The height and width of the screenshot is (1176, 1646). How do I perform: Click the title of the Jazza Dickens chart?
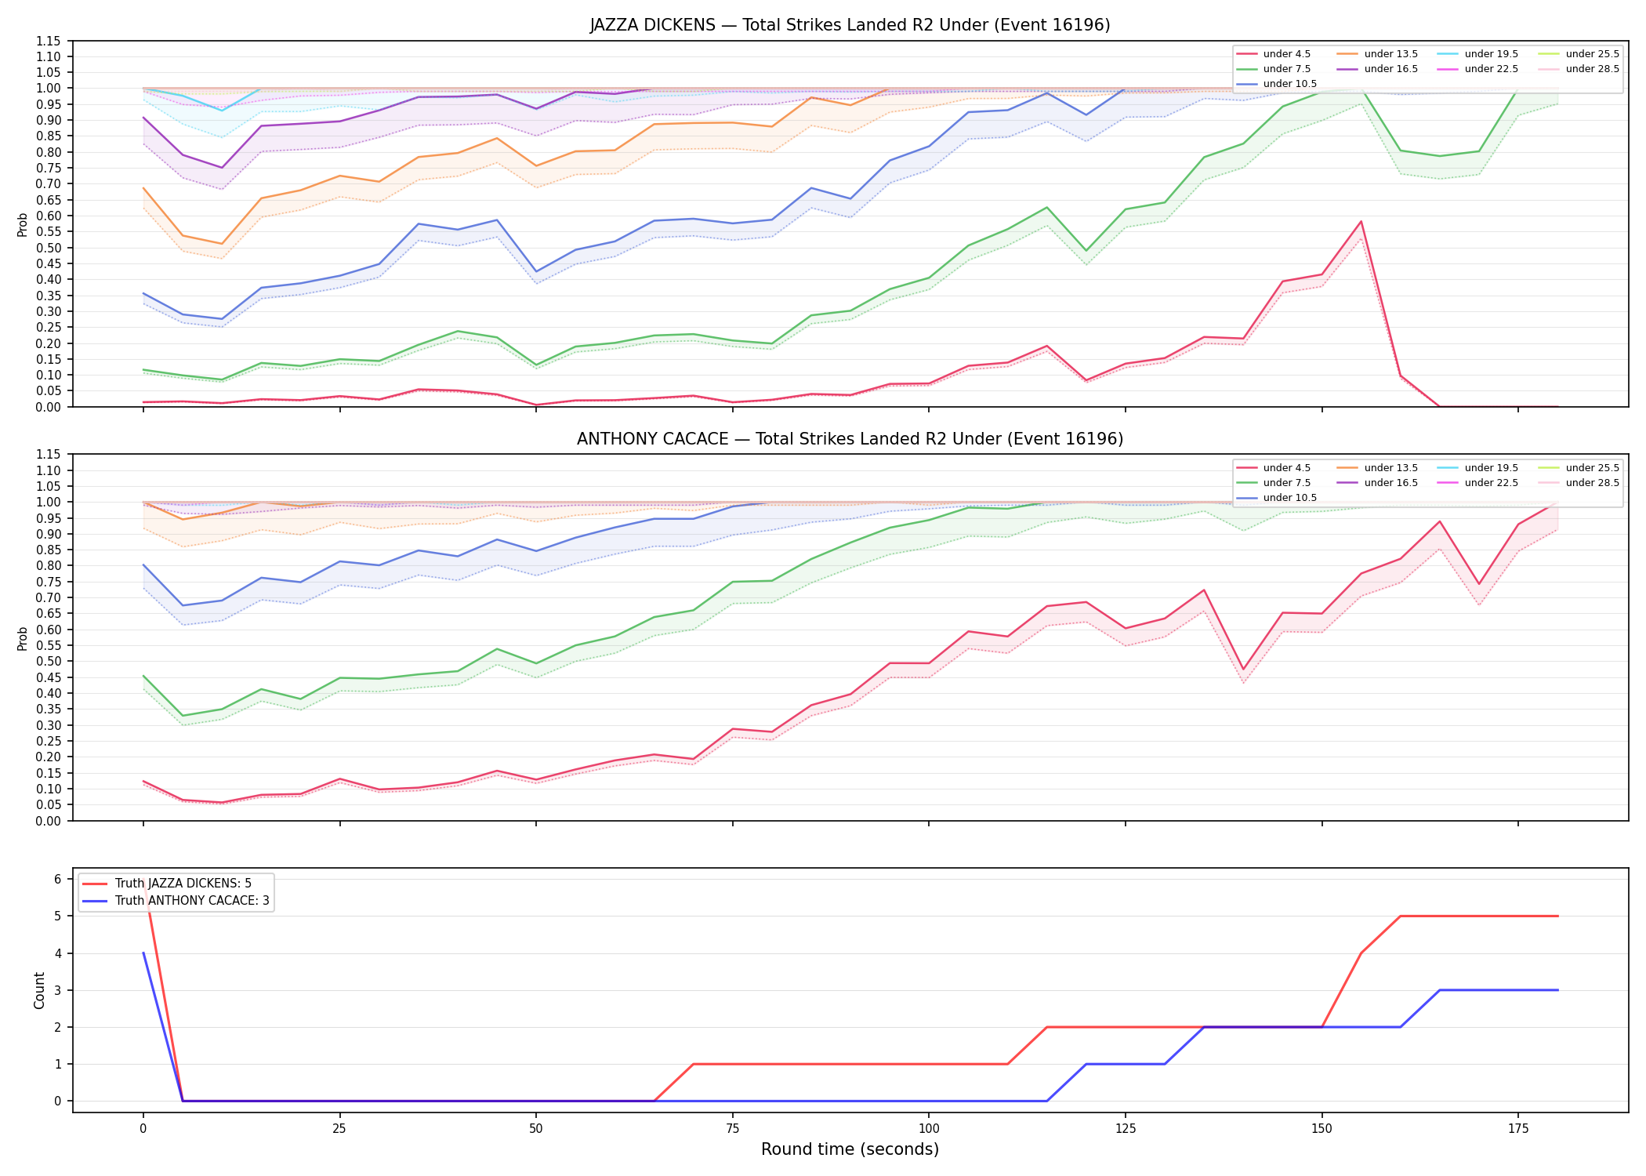[x=850, y=25]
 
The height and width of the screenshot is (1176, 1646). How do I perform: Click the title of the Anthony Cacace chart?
[x=850, y=439]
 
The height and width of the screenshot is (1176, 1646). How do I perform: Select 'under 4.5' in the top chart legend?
[x=1286, y=54]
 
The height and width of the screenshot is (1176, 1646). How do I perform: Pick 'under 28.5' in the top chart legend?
[x=1592, y=69]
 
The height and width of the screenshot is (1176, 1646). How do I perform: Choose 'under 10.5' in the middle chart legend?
[x=1289, y=498]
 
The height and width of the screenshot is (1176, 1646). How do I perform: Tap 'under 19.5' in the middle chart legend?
[x=1491, y=468]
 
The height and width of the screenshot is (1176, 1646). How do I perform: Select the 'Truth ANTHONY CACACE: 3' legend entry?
[x=192, y=901]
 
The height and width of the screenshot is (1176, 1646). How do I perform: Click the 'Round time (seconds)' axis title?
[x=850, y=1149]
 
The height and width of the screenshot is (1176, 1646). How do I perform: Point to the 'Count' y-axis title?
[x=39, y=990]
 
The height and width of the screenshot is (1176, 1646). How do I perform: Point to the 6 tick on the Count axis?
[x=58, y=879]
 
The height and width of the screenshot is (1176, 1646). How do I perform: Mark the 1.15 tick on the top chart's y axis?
[x=49, y=41]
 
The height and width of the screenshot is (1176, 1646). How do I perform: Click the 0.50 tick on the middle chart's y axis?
[x=49, y=661]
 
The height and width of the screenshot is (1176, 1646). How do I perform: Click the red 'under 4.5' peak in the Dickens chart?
[x=1361, y=221]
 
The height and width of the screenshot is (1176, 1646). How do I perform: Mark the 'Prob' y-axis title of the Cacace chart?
[x=23, y=638]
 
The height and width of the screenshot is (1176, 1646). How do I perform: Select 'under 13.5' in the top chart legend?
[x=1390, y=54]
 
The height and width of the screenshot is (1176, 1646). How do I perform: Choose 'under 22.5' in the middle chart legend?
[x=1491, y=483]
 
